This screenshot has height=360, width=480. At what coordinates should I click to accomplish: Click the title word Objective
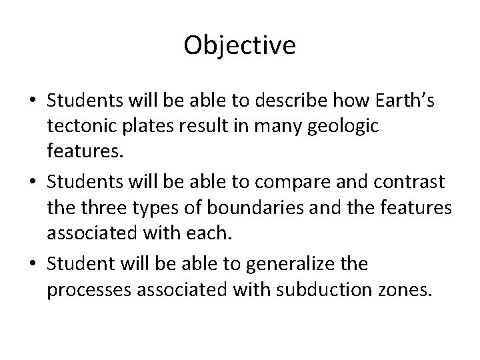coord(239,46)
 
